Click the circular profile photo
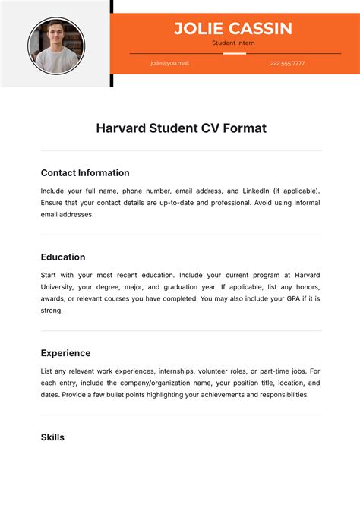(56, 45)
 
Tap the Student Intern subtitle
(233, 43)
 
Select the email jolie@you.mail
(169, 63)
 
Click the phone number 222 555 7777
(287, 63)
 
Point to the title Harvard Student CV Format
(181, 128)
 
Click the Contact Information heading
(85, 173)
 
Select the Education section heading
(63, 257)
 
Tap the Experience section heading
(65, 353)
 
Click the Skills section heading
(52, 437)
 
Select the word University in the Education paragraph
(56, 287)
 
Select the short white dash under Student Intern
(234, 54)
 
